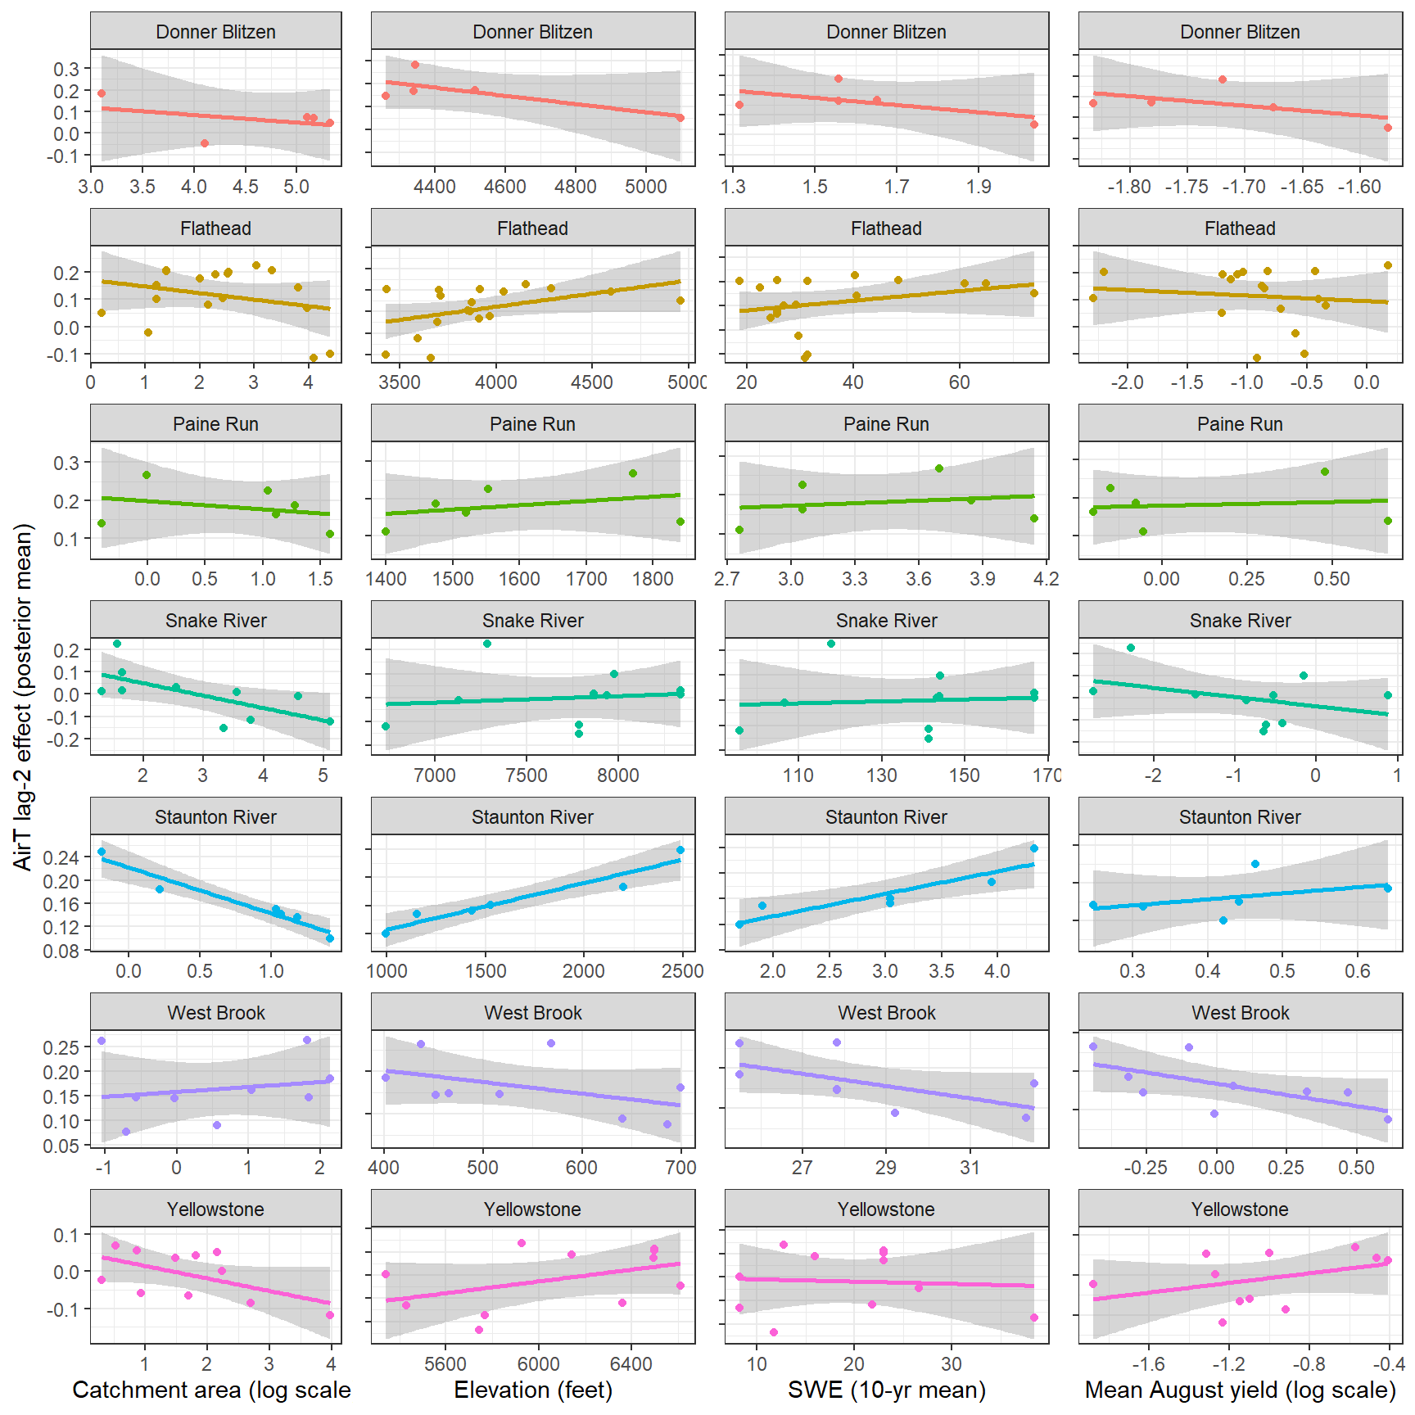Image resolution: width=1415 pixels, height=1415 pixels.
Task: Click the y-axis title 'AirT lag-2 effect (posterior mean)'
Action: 23,697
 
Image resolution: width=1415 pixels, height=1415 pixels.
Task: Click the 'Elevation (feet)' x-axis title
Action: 533,1390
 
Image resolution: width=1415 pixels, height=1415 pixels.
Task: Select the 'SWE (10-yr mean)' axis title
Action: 886,1390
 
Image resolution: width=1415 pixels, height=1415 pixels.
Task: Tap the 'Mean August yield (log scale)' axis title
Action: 1240,1390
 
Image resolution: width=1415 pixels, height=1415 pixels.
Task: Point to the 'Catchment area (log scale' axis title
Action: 211,1390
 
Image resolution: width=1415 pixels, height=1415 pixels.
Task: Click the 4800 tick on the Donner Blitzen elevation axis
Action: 575,187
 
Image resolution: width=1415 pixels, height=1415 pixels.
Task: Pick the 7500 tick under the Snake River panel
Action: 526,775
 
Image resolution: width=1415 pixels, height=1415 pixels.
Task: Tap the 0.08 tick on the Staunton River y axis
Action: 62,951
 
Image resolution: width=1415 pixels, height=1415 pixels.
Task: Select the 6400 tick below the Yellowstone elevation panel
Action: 631,1364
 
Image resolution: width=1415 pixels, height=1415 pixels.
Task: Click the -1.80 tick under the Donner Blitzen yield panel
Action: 1128,187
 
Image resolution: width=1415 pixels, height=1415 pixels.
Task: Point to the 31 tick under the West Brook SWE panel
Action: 970,1168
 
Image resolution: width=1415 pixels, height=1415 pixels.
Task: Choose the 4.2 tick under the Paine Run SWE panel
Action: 1046,579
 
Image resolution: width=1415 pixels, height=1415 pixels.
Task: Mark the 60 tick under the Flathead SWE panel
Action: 959,382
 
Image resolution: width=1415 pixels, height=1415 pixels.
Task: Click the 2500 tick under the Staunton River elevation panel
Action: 682,971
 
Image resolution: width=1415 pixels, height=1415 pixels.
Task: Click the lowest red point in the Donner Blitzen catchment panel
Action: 205,143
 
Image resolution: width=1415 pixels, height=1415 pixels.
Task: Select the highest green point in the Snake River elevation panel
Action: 487,644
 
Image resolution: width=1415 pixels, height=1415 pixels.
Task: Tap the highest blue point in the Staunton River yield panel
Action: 1255,864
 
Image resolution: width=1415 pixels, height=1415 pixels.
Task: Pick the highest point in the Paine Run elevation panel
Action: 633,473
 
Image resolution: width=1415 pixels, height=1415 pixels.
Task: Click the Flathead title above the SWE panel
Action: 886,228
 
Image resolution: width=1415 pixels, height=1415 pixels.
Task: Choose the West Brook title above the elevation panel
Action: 533,1013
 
